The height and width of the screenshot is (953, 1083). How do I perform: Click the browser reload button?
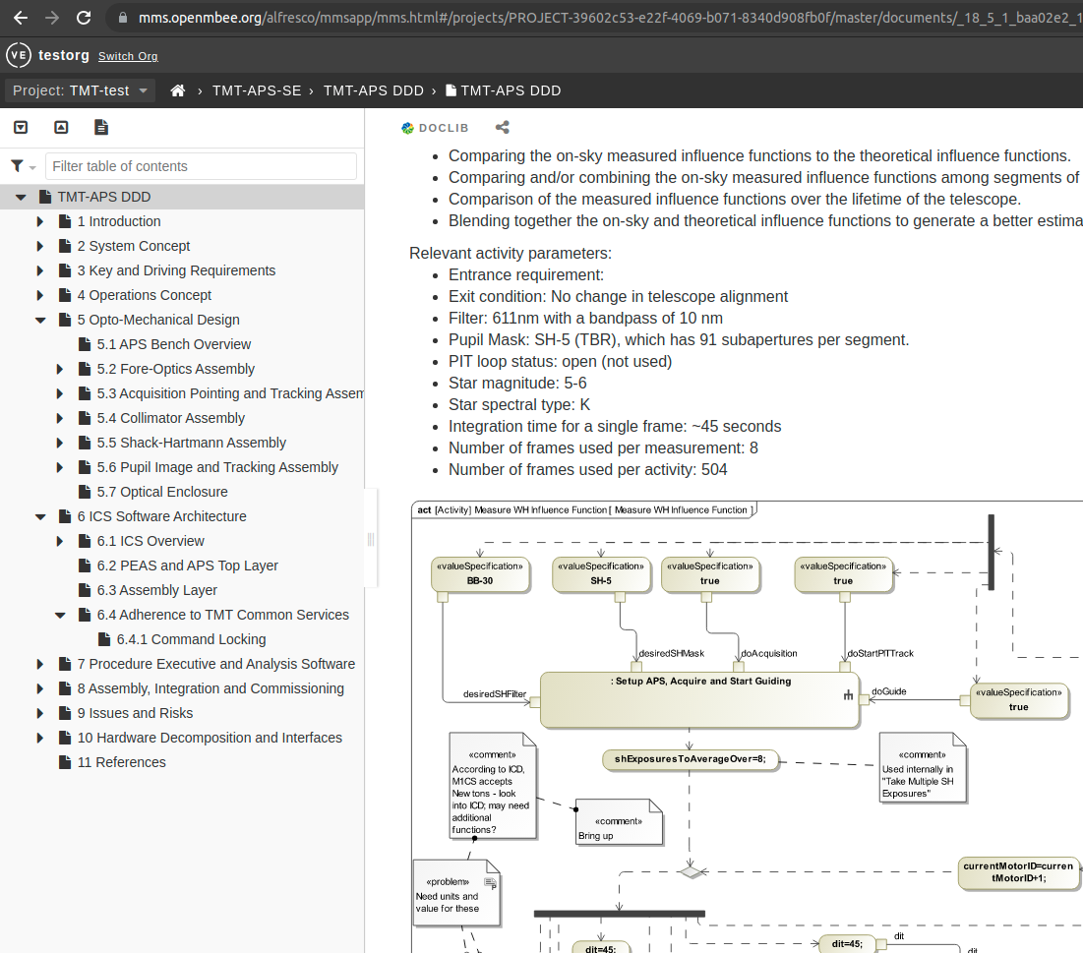click(x=84, y=18)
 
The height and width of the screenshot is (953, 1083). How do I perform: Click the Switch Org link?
click(x=128, y=56)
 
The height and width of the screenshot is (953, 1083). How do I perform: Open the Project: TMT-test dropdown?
click(x=81, y=90)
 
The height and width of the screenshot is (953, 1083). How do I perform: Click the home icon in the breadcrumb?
click(x=178, y=90)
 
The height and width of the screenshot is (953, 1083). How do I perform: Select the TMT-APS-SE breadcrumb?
click(x=258, y=90)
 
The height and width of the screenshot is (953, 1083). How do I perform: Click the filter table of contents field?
click(x=201, y=166)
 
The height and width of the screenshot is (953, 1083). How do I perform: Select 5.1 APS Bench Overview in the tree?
click(x=174, y=344)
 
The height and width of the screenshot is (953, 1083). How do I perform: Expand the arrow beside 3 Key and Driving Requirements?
click(x=40, y=270)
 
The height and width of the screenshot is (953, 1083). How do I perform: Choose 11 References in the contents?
click(x=121, y=762)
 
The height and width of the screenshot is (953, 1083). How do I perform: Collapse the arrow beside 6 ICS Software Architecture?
click(x=40, y=516)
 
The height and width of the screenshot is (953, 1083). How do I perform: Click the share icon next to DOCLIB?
click(x=503, y=128)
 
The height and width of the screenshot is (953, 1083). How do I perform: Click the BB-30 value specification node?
click(x=480, y=574)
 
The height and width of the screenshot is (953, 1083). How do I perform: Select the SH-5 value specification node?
click(x=601, y=574)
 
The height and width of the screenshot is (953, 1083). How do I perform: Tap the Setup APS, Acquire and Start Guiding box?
click(x=698, y=699)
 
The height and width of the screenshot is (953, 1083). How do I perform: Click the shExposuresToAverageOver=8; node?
click(x=690, y=759)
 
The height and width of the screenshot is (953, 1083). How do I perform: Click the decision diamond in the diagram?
click(x=692, y=871)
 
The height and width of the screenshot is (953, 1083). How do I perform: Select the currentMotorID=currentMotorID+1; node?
click(x=1017, y=872)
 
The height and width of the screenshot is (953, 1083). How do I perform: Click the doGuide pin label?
click(x=888, y=691)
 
